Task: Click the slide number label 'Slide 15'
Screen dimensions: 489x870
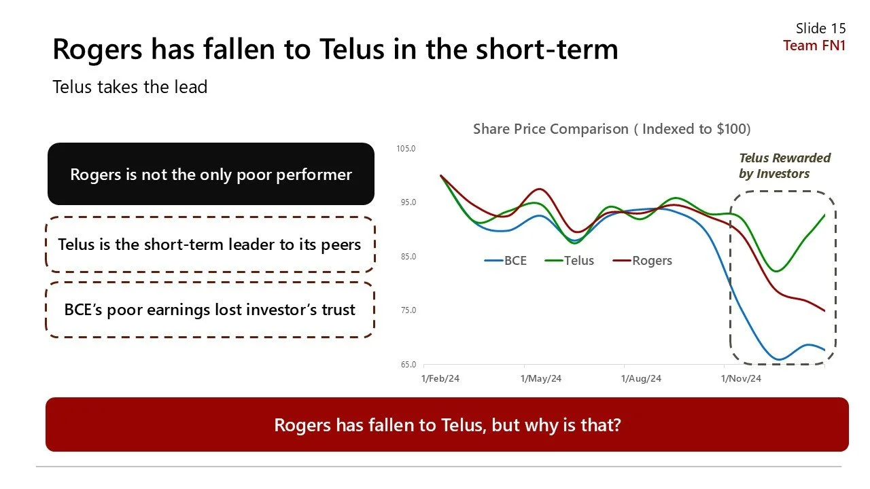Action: tap(820, 28)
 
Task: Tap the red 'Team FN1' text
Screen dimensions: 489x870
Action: tap(814, 46)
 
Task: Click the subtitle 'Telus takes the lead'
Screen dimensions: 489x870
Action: tap(130, 87)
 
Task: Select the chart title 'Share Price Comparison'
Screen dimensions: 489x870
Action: tap(611, 129)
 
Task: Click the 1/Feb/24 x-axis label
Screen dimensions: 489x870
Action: tap(441, 379)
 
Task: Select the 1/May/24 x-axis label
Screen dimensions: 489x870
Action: tap(541, 379)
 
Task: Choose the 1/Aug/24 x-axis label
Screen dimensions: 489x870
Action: tap(641, 379)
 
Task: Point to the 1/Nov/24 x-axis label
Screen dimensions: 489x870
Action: tap(741, 379)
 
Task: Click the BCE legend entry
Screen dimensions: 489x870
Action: tap(506, 261)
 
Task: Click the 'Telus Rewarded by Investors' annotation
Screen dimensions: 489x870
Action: tap(784, 166)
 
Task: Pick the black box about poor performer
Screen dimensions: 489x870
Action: tap(211, 175)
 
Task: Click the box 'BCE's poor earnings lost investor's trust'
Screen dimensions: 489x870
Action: tap(209, 310)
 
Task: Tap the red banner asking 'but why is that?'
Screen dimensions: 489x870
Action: tap(447, 425)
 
